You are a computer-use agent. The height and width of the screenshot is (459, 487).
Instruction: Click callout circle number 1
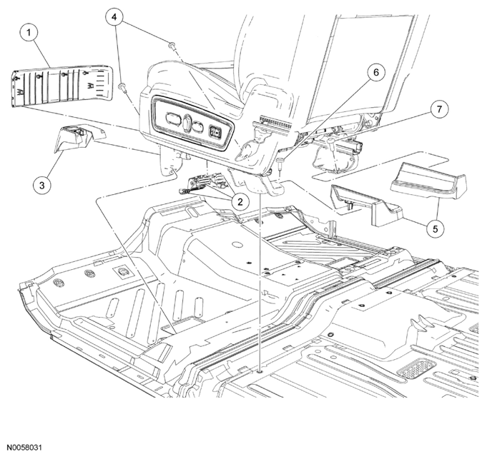29,32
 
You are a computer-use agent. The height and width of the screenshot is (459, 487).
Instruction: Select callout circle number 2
240,202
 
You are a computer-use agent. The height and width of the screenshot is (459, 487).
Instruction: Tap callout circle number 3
42,186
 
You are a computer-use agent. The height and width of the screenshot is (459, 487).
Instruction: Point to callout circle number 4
114,16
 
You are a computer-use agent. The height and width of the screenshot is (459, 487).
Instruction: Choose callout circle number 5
435,229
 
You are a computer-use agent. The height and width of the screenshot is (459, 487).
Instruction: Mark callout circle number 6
376,73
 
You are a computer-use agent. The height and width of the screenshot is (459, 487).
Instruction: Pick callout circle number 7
439,109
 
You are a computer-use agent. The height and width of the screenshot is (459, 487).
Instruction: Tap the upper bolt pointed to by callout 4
172,46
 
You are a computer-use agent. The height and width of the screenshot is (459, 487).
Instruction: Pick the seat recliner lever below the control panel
248,150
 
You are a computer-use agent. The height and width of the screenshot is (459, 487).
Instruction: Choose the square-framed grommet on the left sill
124,272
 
